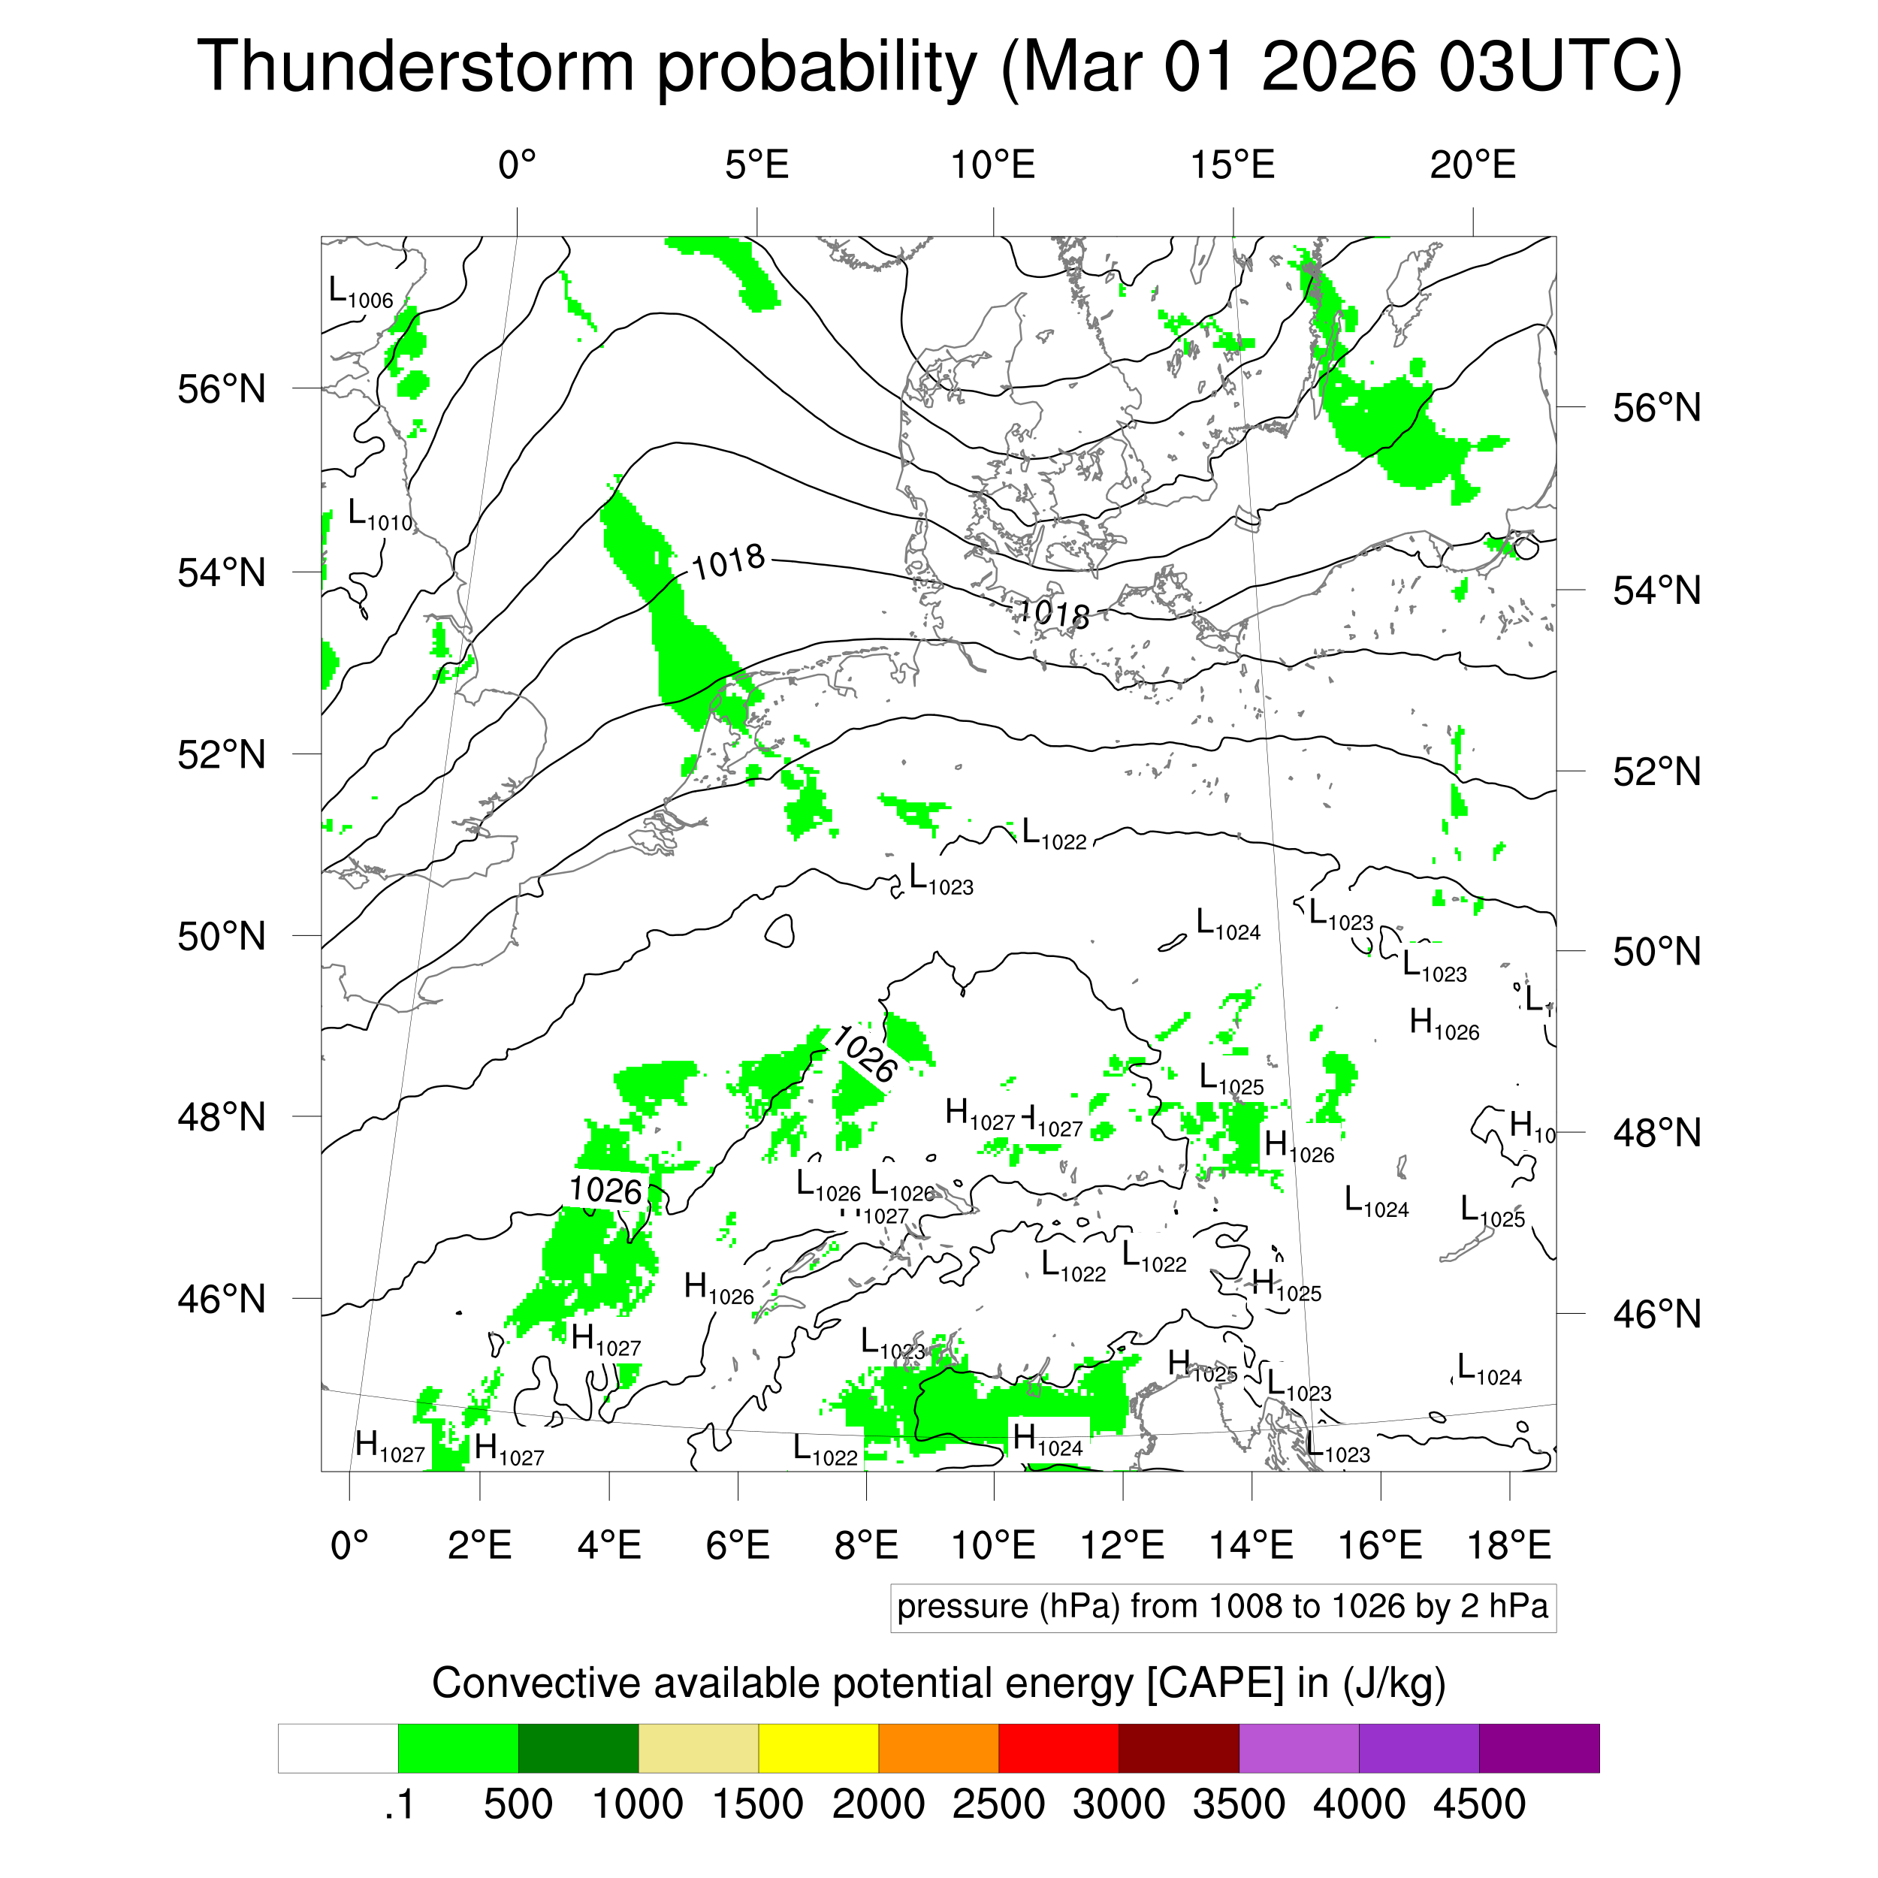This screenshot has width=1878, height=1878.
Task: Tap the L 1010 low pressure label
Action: (x=380, y=515)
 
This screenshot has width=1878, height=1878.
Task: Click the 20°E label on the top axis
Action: (x=1472, y=165)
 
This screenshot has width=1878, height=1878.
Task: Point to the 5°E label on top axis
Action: (x=756, y=165)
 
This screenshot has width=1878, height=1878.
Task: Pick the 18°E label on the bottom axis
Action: (x=1508, y=1544)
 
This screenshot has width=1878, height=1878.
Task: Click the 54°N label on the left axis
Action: (x=222, y=572)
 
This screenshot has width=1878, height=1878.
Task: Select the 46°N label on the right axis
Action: (x=1656, y=1314)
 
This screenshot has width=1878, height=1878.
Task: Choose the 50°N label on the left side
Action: (x=222, y=936)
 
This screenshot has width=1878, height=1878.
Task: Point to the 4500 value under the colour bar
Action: (x=1478, y=1804)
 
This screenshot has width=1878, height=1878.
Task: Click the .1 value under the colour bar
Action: (x=399, y=1804)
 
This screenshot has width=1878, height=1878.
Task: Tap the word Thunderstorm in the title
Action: (x=416, y=68)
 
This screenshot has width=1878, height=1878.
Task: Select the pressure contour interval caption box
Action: (x=1222, y=1608)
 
